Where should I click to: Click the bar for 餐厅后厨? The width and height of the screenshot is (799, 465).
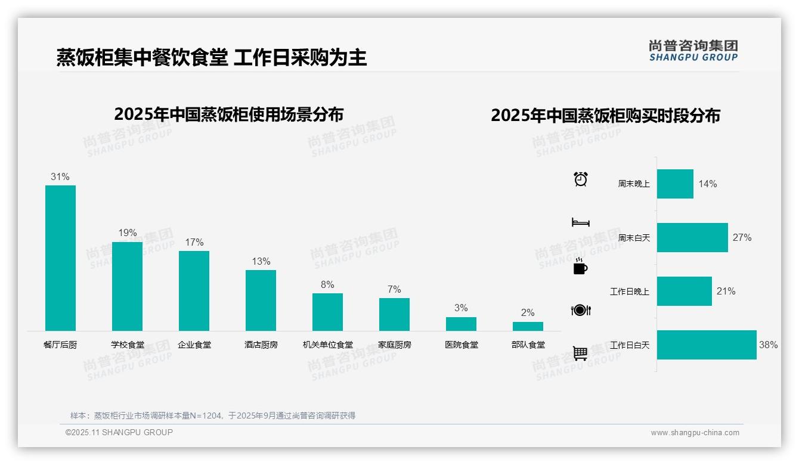pyautogui.click(x=60, y=258)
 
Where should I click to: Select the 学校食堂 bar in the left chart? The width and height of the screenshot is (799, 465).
pyautogui.click(x=127, y=286)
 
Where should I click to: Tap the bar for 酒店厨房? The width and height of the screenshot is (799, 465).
pyautogui.click(x=261, y=300)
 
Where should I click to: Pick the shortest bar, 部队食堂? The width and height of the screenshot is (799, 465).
pyautogui.click(x=528, y=326)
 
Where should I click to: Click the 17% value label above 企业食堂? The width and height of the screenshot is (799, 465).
pyautogui.click(x=194, y=242)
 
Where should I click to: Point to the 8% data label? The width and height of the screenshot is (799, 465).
pyautogui.click(x=327, y=285)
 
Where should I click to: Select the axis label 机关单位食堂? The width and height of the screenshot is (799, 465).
pyautogui.click(x=327, y=345)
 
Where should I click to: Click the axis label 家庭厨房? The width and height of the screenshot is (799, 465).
pyautogui.click(x=394, y=345)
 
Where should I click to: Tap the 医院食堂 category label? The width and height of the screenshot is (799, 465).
pyautogui.click(x=461, y=345)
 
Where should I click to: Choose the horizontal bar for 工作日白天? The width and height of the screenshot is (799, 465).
pyautogui.click(x=707, y=345)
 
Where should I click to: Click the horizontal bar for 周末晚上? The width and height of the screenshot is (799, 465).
pyautogui.click(x=675, y=184)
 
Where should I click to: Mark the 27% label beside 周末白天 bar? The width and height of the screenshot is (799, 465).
pyautogui.click(x=742, y=237)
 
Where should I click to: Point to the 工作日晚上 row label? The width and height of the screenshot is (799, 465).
pyautogui.click(x=629, y=292)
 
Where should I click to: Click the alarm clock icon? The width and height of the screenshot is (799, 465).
pyautogui.click(x=581, y=179)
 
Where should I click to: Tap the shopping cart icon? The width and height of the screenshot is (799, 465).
pyautogui.click(x=580, y=353)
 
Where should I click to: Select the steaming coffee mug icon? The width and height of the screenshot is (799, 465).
pyautogui.click(x=580, y=266)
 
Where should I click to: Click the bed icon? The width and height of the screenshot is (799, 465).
pyautogui.click(x=580, y=222)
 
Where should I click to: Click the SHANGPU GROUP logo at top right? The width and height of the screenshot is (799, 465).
pyautogui.click(x=693, y=51)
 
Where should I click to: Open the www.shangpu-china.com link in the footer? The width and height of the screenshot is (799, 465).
pyautogui.click(x=695, y=433)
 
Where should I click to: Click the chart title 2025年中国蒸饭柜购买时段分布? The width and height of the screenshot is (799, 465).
pyautogui.click(x=605, y=115)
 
